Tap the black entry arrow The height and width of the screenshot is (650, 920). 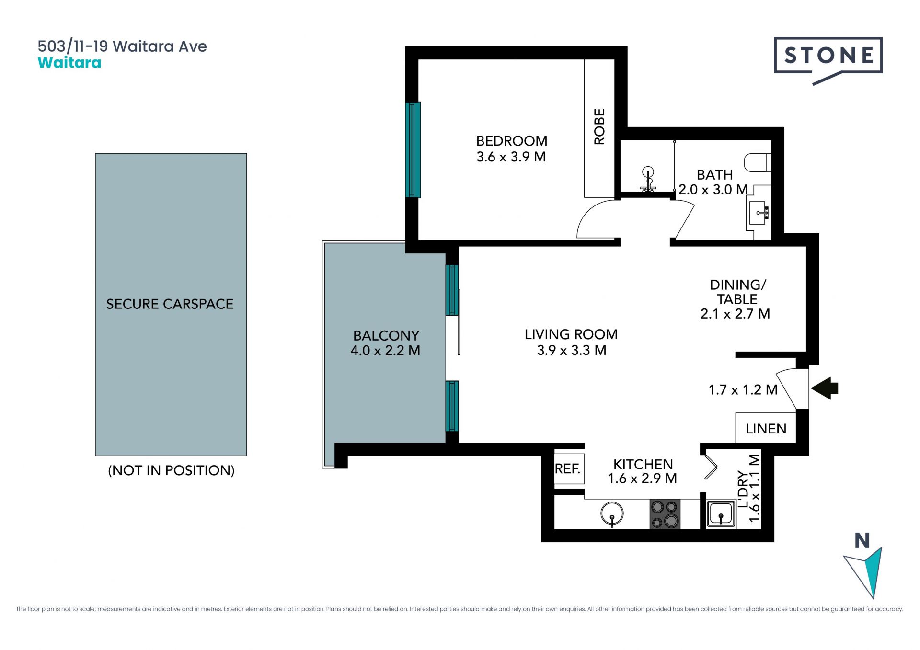coord(825,388)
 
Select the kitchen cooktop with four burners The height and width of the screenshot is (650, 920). coord(665,514)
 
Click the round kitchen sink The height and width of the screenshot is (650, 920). coord(612,514)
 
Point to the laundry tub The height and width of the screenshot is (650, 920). coord(721,514)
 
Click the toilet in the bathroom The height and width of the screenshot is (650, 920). coord(758,162)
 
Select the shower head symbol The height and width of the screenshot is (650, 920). coord(648,179)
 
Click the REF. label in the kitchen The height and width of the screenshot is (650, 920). coord(567,468)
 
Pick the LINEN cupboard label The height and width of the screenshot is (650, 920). coord(766,429)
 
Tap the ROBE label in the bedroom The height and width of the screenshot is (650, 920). coord(599,126)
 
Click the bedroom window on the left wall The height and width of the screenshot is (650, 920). coord(413,149)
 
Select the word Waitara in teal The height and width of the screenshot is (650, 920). coord(69,63)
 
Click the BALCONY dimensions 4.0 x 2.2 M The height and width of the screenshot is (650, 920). coord(385,351)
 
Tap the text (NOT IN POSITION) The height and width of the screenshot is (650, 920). coord(171,470)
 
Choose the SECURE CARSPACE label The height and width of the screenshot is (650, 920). coord(170,304)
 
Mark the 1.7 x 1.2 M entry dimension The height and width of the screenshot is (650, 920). coord(743,390)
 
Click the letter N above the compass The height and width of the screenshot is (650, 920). coord(862,541)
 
